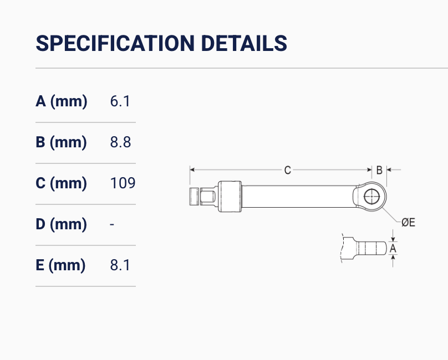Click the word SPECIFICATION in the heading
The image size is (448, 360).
(x=115, y=43)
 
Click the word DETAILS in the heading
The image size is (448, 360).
(x=244, y=43)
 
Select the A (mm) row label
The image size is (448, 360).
(x=62, y=101)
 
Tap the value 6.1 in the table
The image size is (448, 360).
(x=120, y=101)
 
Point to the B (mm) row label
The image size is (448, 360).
(x=61, y=142)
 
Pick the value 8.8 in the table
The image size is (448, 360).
(x=120, y=142)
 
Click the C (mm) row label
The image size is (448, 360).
(x=61, y=183)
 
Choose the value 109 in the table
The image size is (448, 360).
(x=123, y=183)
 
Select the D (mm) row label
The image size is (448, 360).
(x=61, y=224)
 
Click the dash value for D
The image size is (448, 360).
(x=112, y=225)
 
